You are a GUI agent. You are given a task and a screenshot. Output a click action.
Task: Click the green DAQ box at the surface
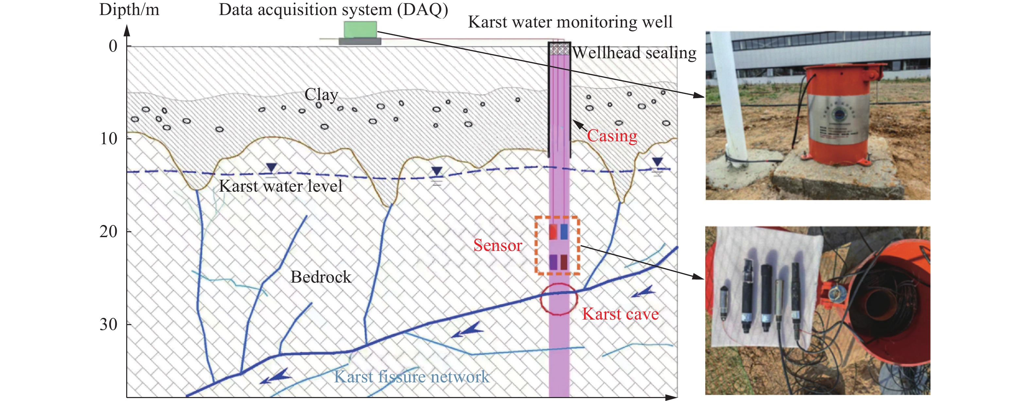360,29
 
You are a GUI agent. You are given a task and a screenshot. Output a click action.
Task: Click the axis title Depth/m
129,9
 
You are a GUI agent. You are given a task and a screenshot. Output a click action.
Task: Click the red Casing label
612,136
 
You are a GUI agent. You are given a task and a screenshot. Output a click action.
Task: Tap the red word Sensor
498,245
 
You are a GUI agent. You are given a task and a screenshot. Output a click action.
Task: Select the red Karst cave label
620,314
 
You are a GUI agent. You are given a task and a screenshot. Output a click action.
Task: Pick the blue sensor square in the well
564,232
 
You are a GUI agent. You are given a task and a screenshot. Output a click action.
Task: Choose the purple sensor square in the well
553,262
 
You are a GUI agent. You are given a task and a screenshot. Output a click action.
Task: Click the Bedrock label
321,277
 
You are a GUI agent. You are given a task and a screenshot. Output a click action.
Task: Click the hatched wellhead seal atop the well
559,49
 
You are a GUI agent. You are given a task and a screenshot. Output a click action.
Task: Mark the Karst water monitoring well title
570,22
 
